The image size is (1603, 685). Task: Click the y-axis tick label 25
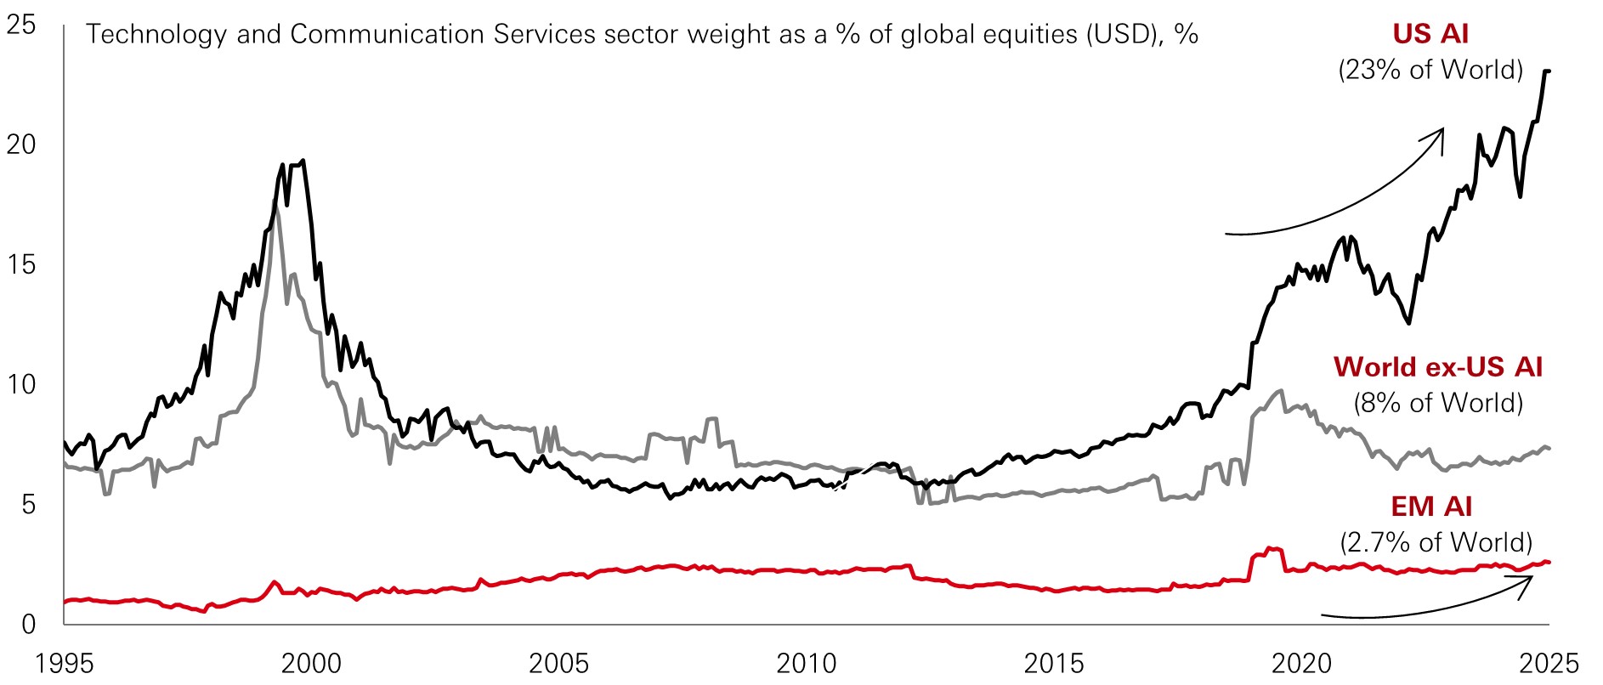click(21, 25)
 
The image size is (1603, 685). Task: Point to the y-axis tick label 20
click(21, 144)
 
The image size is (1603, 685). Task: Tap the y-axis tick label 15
click(21, 265)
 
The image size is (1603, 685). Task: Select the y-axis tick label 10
click(21, 385)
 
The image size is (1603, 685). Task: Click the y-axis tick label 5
click(28, 505)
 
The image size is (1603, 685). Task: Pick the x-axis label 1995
click(65, 663)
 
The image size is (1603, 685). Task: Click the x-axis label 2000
click(311, 663)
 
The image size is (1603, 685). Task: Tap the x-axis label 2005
click(558, 663)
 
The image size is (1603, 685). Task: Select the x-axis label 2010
click(807, 663)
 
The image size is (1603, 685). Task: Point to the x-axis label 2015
click(1054, 663)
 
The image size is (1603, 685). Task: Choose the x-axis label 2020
click(1301, 663)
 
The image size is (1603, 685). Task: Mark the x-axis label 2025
click(1549, 663)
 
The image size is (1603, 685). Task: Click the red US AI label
click(1430, 34)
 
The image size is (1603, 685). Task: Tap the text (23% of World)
click(1430, 70)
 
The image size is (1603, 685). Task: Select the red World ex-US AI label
click(1437, 367)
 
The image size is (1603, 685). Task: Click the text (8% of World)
click(1437, 403)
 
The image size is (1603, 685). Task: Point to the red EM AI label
click(1431, 507)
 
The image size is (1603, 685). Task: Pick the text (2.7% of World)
click(1436, 542)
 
